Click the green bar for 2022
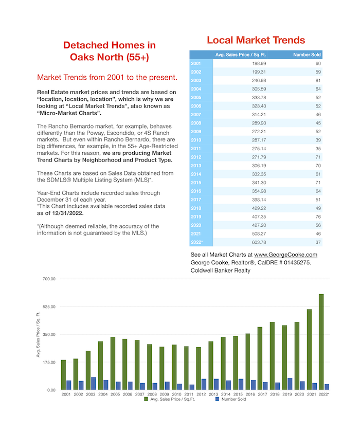coord(321,342)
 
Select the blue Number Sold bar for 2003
coord(94,384)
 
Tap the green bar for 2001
coord(63,374)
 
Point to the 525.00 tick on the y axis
coord(49,307)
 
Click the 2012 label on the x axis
coord(201,394)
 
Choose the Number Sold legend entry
coord(231,399)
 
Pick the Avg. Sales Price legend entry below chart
coord(170,399)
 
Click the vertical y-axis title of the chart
coord(38,334)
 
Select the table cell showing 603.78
coord(259,242)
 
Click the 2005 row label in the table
coord(196,97)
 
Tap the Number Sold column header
coord(307,55)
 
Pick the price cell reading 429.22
coord(259,208)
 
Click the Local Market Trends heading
coord(256,40)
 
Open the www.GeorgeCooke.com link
coord(285,255)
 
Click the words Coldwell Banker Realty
coord(221,271)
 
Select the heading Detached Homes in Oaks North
coord(110,51)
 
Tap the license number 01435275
coord(297,262)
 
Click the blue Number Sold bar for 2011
coord(191,387)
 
